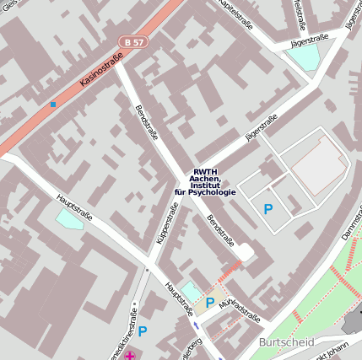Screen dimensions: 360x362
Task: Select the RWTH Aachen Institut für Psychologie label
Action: (x=205, y=180)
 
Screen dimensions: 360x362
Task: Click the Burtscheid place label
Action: (x=288, y=343)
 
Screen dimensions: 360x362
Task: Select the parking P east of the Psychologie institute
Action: (x=268, y=208)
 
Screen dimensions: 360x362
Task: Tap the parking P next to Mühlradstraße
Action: (x=209, y=302)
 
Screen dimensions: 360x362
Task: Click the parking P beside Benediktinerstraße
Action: (x=143, y=331)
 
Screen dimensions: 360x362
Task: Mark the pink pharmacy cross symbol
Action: (x=129, y=356)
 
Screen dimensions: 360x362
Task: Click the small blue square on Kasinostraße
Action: (x=53, y=105)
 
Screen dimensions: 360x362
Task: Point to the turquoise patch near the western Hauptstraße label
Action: (x=68, y=220)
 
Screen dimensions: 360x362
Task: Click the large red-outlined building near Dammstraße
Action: (x=319, y=164)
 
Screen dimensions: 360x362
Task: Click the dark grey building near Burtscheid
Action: (x=352, y=325)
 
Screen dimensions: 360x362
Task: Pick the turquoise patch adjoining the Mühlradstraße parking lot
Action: (x=190, y=292)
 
